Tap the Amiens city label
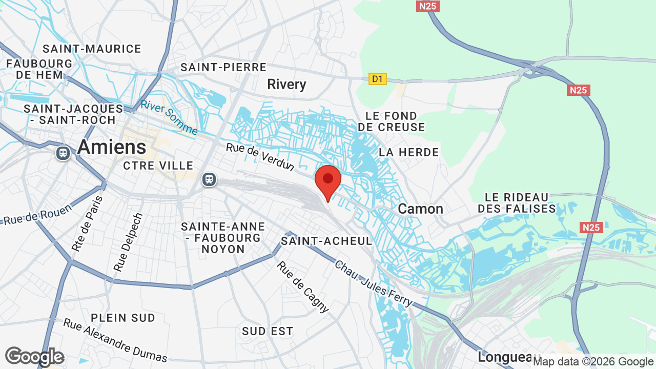coord(112,147)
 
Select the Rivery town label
coord(286,85)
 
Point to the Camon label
coord(420,209)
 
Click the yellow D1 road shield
coord(377,79)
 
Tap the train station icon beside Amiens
coord(63,153)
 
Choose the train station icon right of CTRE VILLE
coord(209,179)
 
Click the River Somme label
coord(169,117)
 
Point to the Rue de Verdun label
coord(260,157)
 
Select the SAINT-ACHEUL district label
coord(326,241)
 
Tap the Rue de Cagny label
coord(303,286)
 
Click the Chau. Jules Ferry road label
coord(374,283)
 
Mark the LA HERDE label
coord(408,152)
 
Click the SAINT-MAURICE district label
coord(92,49)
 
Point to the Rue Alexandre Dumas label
coord(115,340)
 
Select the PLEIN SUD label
coord(123,318)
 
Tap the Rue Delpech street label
coord(128,242)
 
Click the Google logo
coord(34,356)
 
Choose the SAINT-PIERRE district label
coord(223,67)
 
